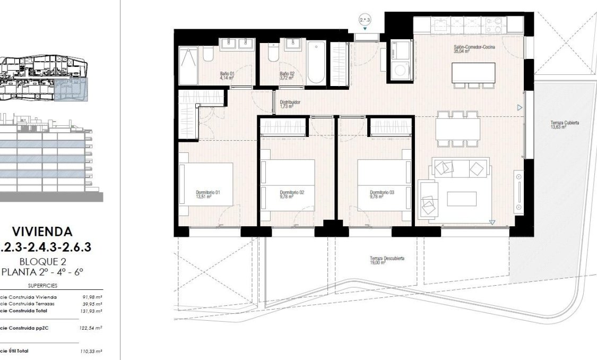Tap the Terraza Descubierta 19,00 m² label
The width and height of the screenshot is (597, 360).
(387, 261)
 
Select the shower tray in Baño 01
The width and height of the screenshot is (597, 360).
(188, 66)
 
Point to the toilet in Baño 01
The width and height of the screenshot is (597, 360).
(207, 55)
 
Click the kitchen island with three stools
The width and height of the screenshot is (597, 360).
(473, 73)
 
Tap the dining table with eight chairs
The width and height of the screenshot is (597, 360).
(457, 128)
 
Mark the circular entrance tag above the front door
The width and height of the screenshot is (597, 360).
(365, 20)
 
